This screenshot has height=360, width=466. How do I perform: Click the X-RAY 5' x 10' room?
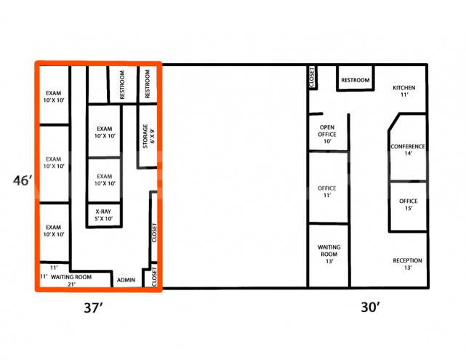pos(104,215)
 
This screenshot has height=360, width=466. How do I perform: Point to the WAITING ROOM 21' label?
pos(71,280)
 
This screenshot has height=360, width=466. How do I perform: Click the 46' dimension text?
pos(21,180)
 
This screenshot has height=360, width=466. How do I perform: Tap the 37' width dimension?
pos(95,308)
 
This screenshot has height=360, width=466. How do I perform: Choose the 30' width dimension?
pos(371,308)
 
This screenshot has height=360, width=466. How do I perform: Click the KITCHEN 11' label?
pos(403,90)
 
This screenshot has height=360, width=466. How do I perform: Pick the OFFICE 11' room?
pos(327,192)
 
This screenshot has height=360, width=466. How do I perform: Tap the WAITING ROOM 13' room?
pos(329,254)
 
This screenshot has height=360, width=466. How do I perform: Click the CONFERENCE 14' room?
pos(407,150)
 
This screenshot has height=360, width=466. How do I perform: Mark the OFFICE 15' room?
pos(409,204)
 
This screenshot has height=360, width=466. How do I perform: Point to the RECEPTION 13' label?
pos(407,264)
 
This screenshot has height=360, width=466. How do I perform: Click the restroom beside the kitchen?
pos(355,80)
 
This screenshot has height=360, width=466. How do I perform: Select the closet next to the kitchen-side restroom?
pos(312,77)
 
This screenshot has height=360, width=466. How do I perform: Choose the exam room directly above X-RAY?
pos(104,180)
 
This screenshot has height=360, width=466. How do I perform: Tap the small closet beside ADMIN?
pos(153,277)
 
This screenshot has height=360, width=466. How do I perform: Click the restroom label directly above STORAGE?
pos(148,84)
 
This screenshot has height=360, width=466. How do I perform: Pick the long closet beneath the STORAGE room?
pos(153,233)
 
